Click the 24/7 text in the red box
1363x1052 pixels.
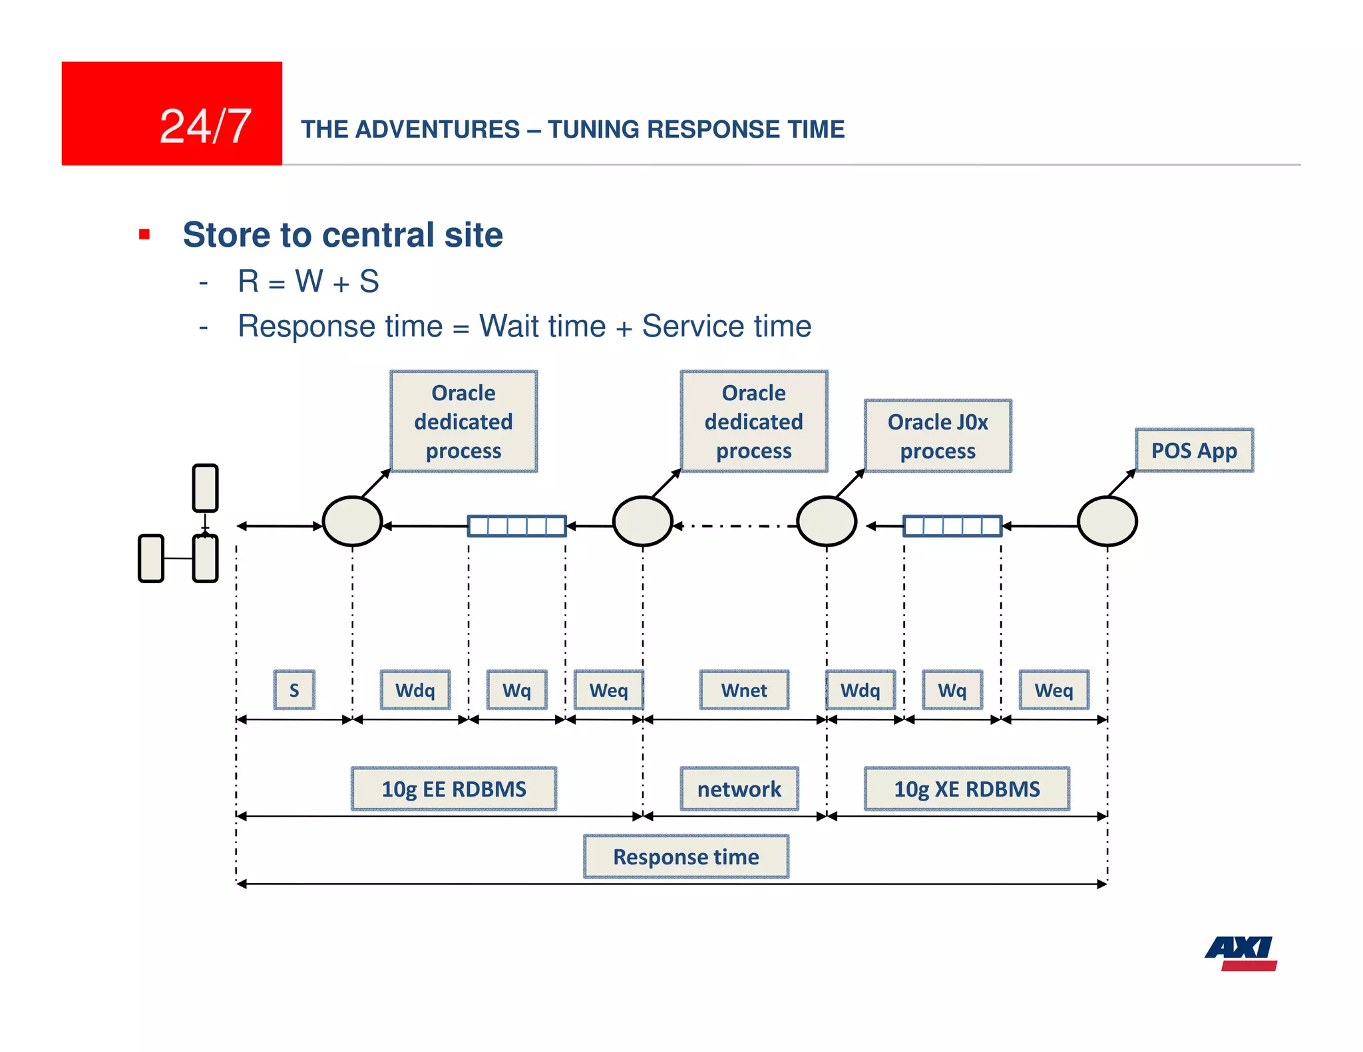205,126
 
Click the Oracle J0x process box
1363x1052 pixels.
938,436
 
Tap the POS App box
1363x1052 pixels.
1194,450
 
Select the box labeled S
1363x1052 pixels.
294,690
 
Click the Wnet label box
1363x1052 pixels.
744,690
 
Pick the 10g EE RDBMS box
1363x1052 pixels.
454,789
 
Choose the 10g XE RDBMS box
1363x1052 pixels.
966,789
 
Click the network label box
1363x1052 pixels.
739,789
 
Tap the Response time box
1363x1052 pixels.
686,856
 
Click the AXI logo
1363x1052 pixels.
1241,953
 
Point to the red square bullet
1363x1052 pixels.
144,234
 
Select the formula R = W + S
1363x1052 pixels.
309,281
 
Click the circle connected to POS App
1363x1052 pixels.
1107,521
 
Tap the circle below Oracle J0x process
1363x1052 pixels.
827,521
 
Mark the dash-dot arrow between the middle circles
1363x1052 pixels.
735,526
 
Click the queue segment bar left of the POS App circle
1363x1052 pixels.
952,526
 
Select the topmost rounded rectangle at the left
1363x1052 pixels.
205,488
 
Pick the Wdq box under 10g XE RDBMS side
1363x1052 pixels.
860,690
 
